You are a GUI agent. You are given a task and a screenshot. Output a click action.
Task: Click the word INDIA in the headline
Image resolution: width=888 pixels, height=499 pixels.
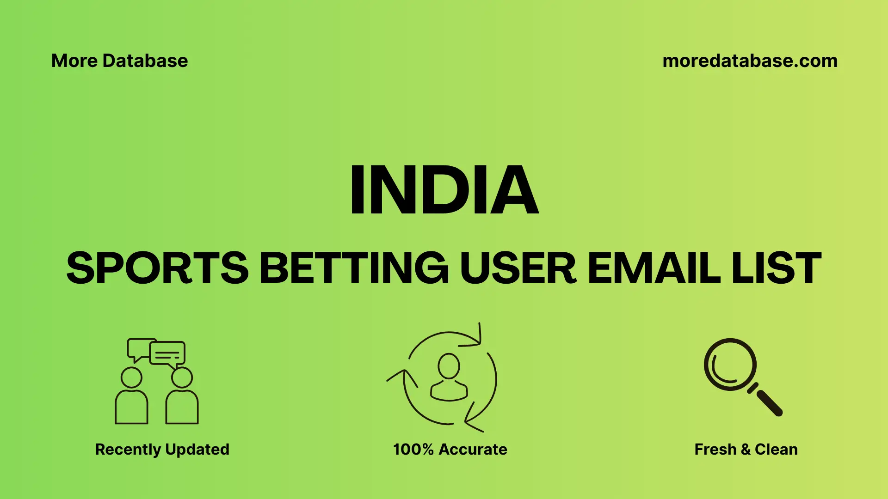(444, 190)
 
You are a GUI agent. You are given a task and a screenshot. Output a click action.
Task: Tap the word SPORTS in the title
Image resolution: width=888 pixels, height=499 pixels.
(157, 268)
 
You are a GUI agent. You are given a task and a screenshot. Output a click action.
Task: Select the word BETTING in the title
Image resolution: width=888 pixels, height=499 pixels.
(354, 268)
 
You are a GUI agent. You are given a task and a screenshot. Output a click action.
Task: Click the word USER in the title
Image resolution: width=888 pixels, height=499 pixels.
(518, 268)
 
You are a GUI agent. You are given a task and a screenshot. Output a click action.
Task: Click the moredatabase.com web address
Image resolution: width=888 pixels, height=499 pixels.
(750, 61)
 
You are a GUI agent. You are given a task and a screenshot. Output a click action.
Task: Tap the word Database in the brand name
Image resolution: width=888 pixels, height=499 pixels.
(145, 61)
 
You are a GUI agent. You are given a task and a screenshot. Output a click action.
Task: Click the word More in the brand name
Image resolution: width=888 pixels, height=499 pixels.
(74, 61)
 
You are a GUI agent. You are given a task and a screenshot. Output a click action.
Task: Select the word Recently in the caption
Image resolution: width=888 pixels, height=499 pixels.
(128, 450)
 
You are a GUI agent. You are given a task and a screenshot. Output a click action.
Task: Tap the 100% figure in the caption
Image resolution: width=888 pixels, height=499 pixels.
(413, 450)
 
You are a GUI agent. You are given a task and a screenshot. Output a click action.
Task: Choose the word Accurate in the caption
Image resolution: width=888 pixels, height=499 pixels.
(473, 450)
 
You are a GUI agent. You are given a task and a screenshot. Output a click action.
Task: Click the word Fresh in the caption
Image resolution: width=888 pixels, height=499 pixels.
(715, 450)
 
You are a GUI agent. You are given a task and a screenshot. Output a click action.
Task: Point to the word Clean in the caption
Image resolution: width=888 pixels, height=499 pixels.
(776, 450)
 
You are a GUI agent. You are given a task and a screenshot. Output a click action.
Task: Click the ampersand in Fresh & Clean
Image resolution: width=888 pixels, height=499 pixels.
(746, 450)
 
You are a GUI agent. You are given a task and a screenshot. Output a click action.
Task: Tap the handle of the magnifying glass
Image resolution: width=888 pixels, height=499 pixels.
(769, 403)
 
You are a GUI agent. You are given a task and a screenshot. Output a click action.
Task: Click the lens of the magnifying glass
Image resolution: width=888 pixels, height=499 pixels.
(730, 365)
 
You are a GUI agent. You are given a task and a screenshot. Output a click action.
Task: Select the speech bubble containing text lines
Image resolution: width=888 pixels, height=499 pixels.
(167, 353)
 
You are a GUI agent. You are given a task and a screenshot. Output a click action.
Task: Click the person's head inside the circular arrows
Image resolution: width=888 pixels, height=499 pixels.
(449, 366)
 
